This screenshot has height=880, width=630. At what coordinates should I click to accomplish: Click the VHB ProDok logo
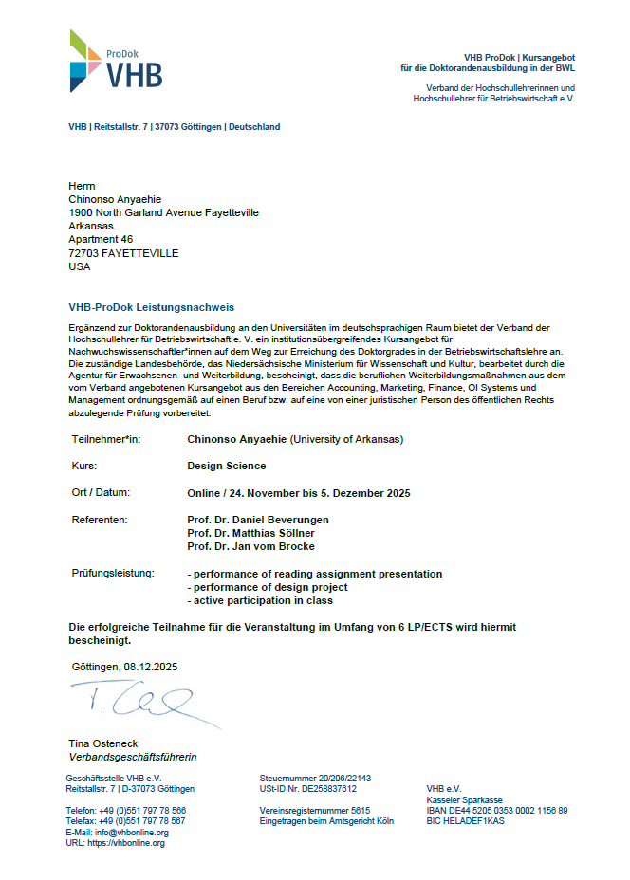pos(115,61)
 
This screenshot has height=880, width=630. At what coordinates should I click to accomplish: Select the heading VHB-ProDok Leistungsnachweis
pos(152,307)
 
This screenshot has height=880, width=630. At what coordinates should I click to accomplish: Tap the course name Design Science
pos(227,467)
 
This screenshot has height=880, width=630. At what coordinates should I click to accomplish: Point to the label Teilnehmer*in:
pos(106,440)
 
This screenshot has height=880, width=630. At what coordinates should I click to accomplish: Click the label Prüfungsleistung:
pos(112,574)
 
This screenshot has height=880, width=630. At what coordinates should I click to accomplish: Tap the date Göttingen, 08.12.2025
pos(124,667)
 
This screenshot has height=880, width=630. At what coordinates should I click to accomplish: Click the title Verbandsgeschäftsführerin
pos(133,758)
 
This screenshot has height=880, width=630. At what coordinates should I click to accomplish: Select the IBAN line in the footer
pos(497,810)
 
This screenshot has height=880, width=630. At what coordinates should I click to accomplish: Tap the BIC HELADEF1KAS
pos(466,821)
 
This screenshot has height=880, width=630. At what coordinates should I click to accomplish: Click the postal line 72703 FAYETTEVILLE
pos(123,253)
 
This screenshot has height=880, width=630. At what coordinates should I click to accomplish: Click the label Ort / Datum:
pos(101,492)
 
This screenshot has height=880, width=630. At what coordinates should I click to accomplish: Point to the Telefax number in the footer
pos(125,821)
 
